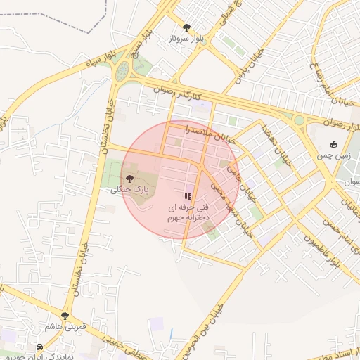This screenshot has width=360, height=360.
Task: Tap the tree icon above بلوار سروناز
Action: point(186,27)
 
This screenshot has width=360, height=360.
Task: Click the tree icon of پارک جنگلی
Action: point(129,179)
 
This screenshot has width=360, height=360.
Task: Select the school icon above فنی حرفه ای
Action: point(187,196)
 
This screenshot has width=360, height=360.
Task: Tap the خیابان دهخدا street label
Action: point(269,136)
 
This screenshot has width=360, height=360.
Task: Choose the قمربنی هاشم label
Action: point(65,328)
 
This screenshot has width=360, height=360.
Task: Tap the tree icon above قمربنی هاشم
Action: point(65,316)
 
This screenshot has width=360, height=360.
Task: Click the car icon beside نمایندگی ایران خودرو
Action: point(39,347)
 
